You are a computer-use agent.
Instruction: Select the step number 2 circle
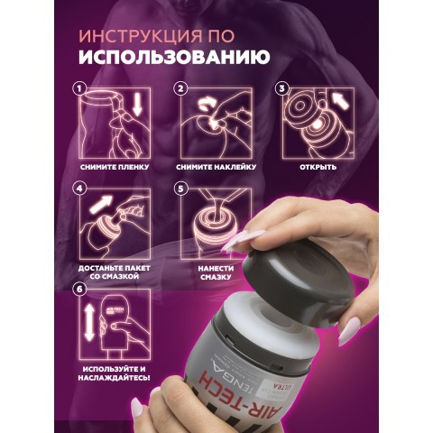click(x=180, y=88)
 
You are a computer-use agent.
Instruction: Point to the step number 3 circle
click(x=281, y=88)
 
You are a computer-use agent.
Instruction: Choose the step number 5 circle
click(x=180, y=190)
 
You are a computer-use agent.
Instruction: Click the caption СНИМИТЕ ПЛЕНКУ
click(x=115, y=168)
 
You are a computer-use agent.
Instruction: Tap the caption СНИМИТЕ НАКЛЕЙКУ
click(x=216, y=168)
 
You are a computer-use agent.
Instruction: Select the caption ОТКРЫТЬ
click(x=318, y=168)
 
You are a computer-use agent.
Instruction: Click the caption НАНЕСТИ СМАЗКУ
click(x=216, y=274)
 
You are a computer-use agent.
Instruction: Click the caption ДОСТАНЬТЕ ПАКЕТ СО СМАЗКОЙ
click(x=115, y=274)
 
